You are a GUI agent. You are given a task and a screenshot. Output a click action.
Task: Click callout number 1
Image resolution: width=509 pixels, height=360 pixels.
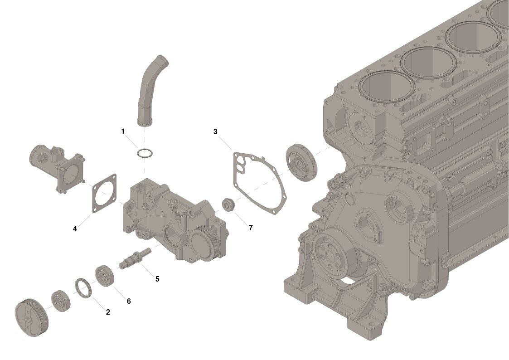pyautogui.click(x=123, y=131)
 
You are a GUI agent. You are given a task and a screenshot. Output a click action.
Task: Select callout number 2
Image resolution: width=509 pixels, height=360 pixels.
pyautogui.click(x=108, y=312)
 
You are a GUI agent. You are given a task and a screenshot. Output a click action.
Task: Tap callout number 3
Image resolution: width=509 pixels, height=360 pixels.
pyautogui.click(x=215, y=131)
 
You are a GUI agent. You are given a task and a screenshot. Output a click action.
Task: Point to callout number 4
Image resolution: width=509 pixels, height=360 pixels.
pyautogui.click(x=75, y=229)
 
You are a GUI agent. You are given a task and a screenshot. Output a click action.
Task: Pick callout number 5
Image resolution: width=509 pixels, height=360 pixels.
pyautogui.click(x=157, y=279)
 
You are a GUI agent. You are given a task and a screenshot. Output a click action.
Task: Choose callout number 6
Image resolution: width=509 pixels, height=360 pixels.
pyautogui.click(x=129, y=301)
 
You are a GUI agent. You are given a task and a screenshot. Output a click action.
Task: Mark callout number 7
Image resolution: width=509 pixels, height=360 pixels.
pyautogui.click(x=251, y=228)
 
